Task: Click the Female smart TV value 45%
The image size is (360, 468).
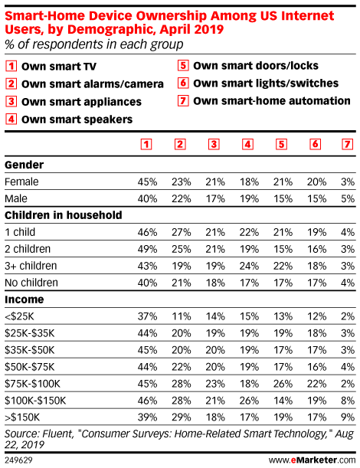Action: (x=147, y=182)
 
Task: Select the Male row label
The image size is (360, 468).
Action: (x=16, y=198)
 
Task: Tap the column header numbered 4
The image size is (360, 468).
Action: (x=247, y=145)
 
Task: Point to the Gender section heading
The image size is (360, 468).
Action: (x=25, y=165)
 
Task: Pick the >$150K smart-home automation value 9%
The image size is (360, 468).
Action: (x=348, y=417)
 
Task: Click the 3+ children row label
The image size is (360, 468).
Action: (x=31, y=266)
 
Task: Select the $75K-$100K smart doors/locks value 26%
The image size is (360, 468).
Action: (x=283, y=384)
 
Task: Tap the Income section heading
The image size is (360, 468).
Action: (x=25, y=299)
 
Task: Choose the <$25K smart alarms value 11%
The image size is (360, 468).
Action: (x=182, y=316)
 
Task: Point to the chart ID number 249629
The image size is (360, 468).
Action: (x=18, y=460)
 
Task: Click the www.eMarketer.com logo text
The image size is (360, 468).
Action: (x=312, y=460)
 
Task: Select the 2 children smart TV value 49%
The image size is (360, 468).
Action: (x=147, y=249)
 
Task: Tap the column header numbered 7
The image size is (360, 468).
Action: (x=347, y=145)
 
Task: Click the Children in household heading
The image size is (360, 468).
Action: (x=64, y=215)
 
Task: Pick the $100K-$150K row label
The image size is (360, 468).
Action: (x=35, y=401)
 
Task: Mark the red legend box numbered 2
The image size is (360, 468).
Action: (x=11, y=83)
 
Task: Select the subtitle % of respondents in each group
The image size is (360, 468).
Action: (x=94, y=44)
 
